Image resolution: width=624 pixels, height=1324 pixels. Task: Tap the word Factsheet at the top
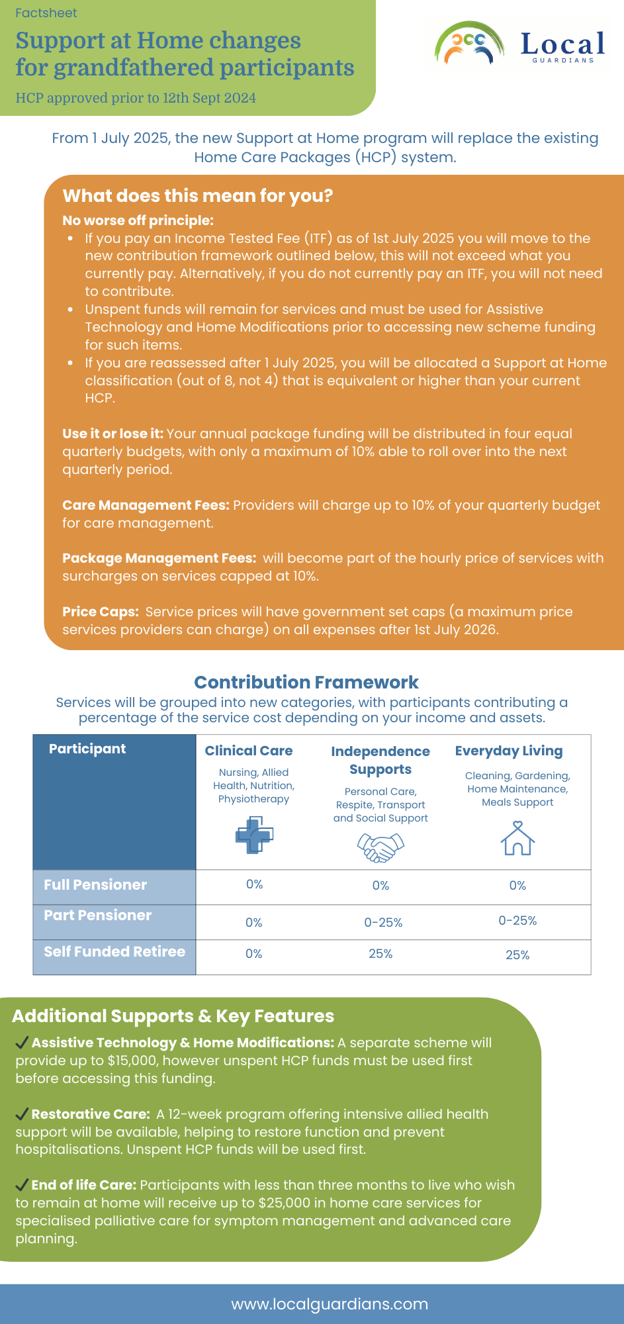click(46, 13)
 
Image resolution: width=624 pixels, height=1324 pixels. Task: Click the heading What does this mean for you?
click(197, 196)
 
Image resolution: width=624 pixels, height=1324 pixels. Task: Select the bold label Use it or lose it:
click(112, 434)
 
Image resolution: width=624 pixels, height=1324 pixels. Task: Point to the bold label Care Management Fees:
click(146, 505)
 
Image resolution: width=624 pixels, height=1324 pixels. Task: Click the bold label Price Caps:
click(101, 612)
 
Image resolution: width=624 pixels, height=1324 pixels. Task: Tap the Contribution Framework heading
click(306, 682)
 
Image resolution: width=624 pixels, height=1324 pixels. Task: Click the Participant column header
click(87, 749)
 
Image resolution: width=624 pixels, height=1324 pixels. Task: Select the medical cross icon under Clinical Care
click(254, 835)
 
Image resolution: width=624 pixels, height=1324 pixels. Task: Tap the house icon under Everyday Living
click(517, 838)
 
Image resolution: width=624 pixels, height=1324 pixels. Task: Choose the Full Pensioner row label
click(95, 885)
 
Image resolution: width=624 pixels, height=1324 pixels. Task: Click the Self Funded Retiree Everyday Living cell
click(517, 955)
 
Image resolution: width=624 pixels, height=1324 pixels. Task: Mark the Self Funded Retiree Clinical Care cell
click(254, 954)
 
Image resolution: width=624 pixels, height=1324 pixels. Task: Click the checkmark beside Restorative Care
click(22, 1114)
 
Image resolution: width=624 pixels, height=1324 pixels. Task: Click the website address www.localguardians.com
click(330, 1304)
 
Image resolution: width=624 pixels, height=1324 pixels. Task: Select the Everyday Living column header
click(509, 751)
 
